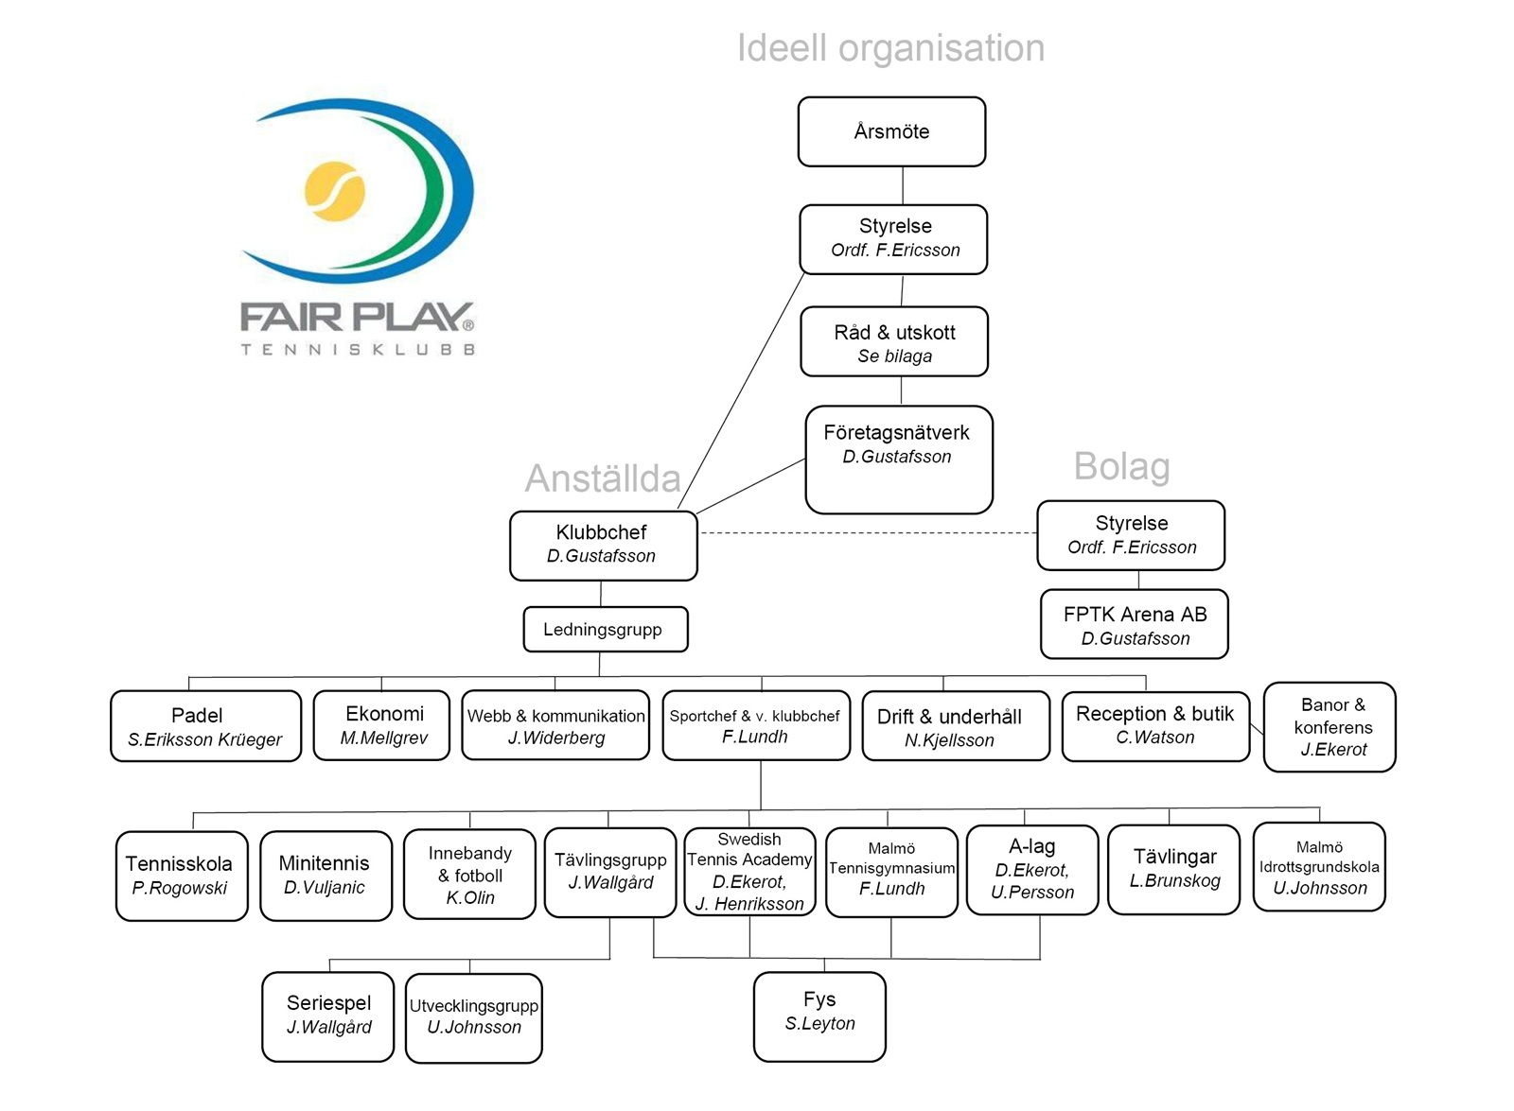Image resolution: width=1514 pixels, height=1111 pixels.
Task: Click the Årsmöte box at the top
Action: click(x=891, y=131)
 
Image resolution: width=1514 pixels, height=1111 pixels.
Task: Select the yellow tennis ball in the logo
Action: click(x=335, y=191)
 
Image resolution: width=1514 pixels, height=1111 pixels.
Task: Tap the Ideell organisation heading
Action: click(x=890, y=48)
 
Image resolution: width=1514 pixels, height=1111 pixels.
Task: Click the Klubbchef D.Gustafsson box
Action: click(x=603, y=546)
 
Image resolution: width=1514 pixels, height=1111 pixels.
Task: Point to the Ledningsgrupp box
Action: click(x=605, y=630)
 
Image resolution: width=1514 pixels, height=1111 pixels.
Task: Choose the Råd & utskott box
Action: click(x=894, y=342)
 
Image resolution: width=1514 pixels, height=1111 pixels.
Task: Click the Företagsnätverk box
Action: click(x=898, y=460)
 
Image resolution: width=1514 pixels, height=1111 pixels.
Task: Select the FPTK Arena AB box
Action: click(x=1134, y=625)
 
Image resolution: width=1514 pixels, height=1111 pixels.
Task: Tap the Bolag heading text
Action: click(x=1121, y=466)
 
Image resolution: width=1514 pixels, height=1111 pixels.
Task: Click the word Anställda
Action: click(x=603, y=478)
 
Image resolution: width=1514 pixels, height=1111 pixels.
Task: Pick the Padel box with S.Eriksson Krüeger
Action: click(x=205, y=726)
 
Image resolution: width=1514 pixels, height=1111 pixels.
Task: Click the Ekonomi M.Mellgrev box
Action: click(x=382, y=725)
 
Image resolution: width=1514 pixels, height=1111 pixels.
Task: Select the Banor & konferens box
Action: click(x=1329, y=727)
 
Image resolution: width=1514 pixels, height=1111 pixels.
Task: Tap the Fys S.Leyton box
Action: click(x=819, y=1016)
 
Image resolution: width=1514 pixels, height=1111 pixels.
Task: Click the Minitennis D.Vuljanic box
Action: click(x=326, y=876)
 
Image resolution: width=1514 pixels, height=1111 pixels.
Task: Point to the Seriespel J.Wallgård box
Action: click(x=328, y=1016)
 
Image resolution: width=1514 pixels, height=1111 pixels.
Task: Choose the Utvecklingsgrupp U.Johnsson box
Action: click(x=473, y=1017)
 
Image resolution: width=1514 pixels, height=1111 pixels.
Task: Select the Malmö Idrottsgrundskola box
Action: click(x=1319, y=867)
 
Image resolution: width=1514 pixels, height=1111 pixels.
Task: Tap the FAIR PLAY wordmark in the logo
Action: click(x=357, y=318)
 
